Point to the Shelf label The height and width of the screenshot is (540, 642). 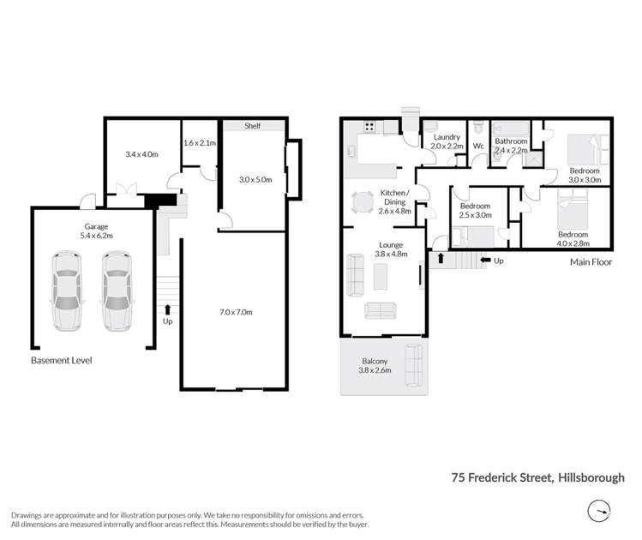click(251, 125)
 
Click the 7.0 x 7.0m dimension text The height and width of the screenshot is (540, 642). click(236, 312)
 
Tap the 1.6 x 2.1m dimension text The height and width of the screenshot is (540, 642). click(200, 142)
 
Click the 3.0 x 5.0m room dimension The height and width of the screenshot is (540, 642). click(255, 179)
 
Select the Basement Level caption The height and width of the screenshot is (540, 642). click(61, 361)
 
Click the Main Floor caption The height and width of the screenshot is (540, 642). click(591, 262)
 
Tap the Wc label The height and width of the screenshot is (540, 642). click(479, 146)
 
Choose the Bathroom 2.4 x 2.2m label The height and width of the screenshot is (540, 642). click(511, 146)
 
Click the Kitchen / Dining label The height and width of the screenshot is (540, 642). click(395, 200)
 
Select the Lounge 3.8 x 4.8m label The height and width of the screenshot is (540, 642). click(392, 249)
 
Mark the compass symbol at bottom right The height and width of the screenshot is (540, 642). click(600, 511)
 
